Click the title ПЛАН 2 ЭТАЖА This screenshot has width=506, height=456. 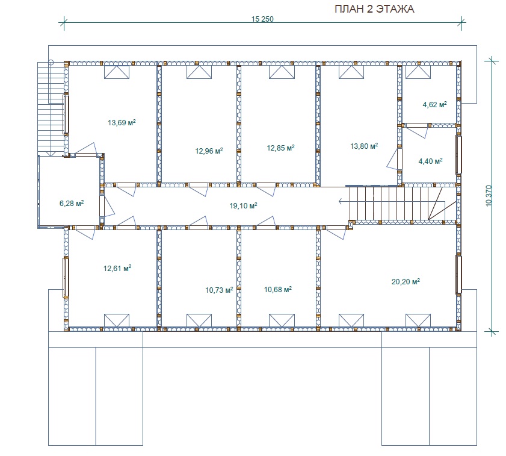[374, 8]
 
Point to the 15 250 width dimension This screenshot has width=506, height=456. [262, 19]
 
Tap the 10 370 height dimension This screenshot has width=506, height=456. [489, 196]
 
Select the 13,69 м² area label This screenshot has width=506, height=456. [122, 122]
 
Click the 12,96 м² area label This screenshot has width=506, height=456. [209, 151]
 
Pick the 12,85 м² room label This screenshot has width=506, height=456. [280, 148]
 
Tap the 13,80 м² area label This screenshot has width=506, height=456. [364, 146]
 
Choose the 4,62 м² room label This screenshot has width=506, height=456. [434, 104]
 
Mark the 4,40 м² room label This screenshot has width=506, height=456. [430, 161]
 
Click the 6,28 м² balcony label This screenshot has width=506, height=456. [72, 203]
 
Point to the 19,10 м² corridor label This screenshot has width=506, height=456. [243, 205]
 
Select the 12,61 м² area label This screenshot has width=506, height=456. [117, 268]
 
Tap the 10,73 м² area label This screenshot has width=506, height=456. [219, 290]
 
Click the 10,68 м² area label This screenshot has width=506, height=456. [278, 289]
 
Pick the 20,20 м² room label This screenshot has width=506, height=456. [406, 281]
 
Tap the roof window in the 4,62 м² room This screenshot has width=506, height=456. [418, 72]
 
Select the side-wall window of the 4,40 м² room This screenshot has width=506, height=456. [458, 155]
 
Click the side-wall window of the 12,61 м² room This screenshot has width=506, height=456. [66, 277]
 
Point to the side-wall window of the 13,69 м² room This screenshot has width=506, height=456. [66, 114]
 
